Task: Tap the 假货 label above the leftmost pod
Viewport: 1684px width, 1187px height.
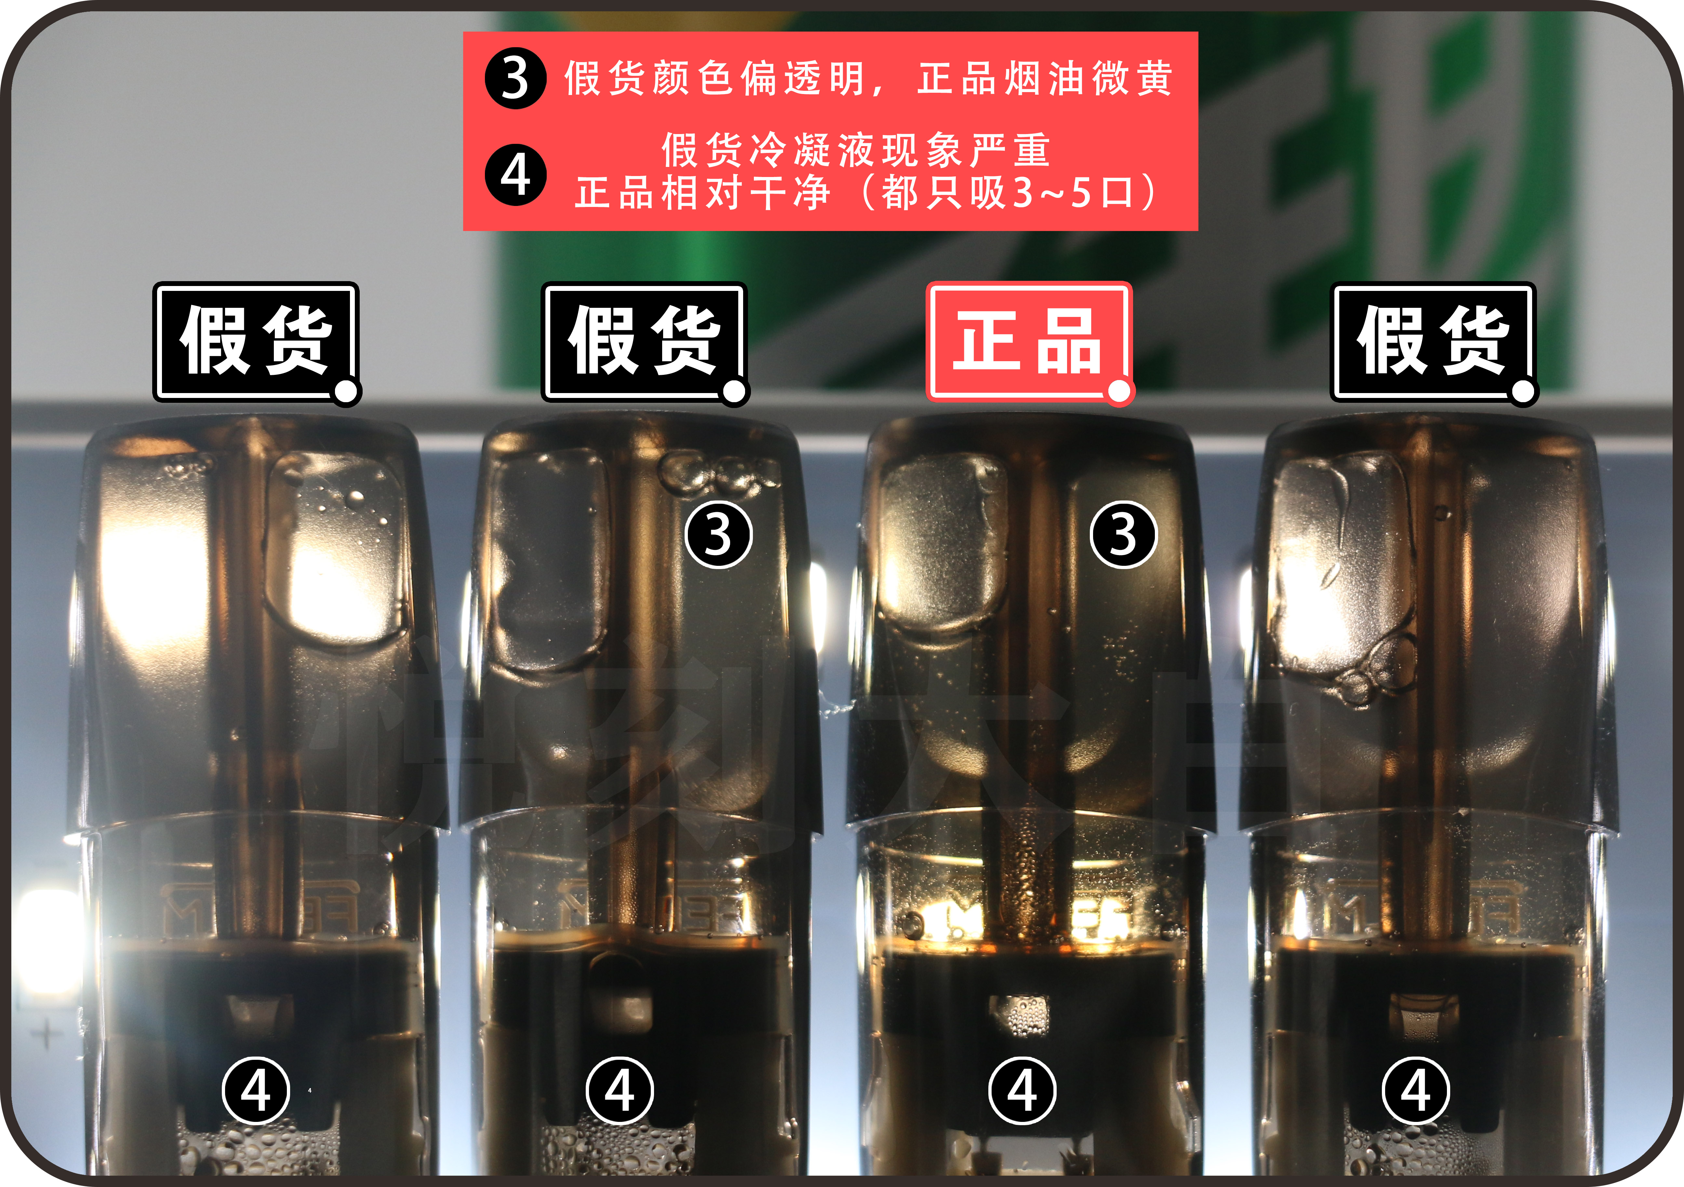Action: [x=255, y=341]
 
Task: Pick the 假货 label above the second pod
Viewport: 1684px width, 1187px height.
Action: [x=643, y=341]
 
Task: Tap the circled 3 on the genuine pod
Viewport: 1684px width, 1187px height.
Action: [x=1123, y=534]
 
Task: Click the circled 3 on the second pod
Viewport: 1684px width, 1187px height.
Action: [x=718, y=534]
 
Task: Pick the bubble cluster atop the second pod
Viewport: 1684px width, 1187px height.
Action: [x=715, y=473]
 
